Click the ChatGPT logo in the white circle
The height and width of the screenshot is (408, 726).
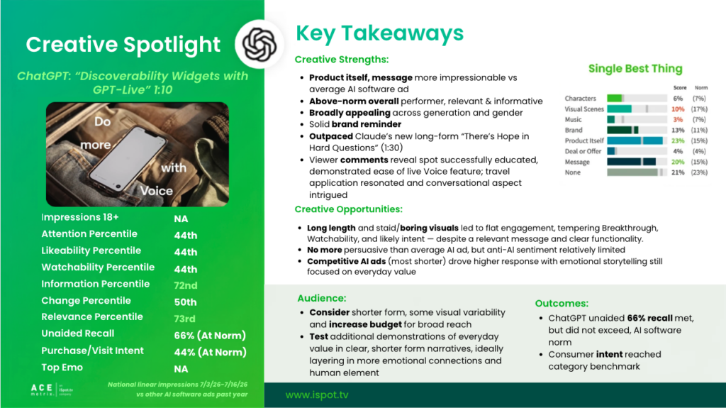click(x=259, y=45)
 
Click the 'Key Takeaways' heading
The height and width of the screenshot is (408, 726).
click(x=380, y=33)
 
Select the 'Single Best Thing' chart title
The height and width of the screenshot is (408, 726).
click(x=635, y=69)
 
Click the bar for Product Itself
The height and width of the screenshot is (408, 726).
click(x=635, y=140)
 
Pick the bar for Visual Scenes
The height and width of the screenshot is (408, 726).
click(x=619, y=109)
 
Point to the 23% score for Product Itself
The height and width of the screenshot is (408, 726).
click(x=678, y=140)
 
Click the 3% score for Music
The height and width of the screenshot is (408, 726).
click(x=678, y=120)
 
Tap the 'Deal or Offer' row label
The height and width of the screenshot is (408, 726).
click(x=583, y=151)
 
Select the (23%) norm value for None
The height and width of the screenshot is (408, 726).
click(x=700, y=172)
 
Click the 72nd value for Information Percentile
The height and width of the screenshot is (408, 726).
click(x=186, y=285)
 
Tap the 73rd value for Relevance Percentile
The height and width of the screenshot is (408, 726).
click(x=185, y=319)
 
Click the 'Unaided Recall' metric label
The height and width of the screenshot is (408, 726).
click(x=78, y=333)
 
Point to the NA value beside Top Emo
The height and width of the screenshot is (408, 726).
click(x=181, y=369)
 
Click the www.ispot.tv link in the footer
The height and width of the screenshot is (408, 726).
click(x=317, y=395)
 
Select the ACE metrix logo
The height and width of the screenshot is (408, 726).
click(x=52, y=389)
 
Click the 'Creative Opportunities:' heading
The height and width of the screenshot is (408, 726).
click(x=349, y=209)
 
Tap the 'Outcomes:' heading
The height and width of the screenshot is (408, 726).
click(x=562, y=303)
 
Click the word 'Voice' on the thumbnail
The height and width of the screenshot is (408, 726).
click(x=157, y=191)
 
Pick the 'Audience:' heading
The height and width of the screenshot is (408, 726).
click(x=322, y=298)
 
